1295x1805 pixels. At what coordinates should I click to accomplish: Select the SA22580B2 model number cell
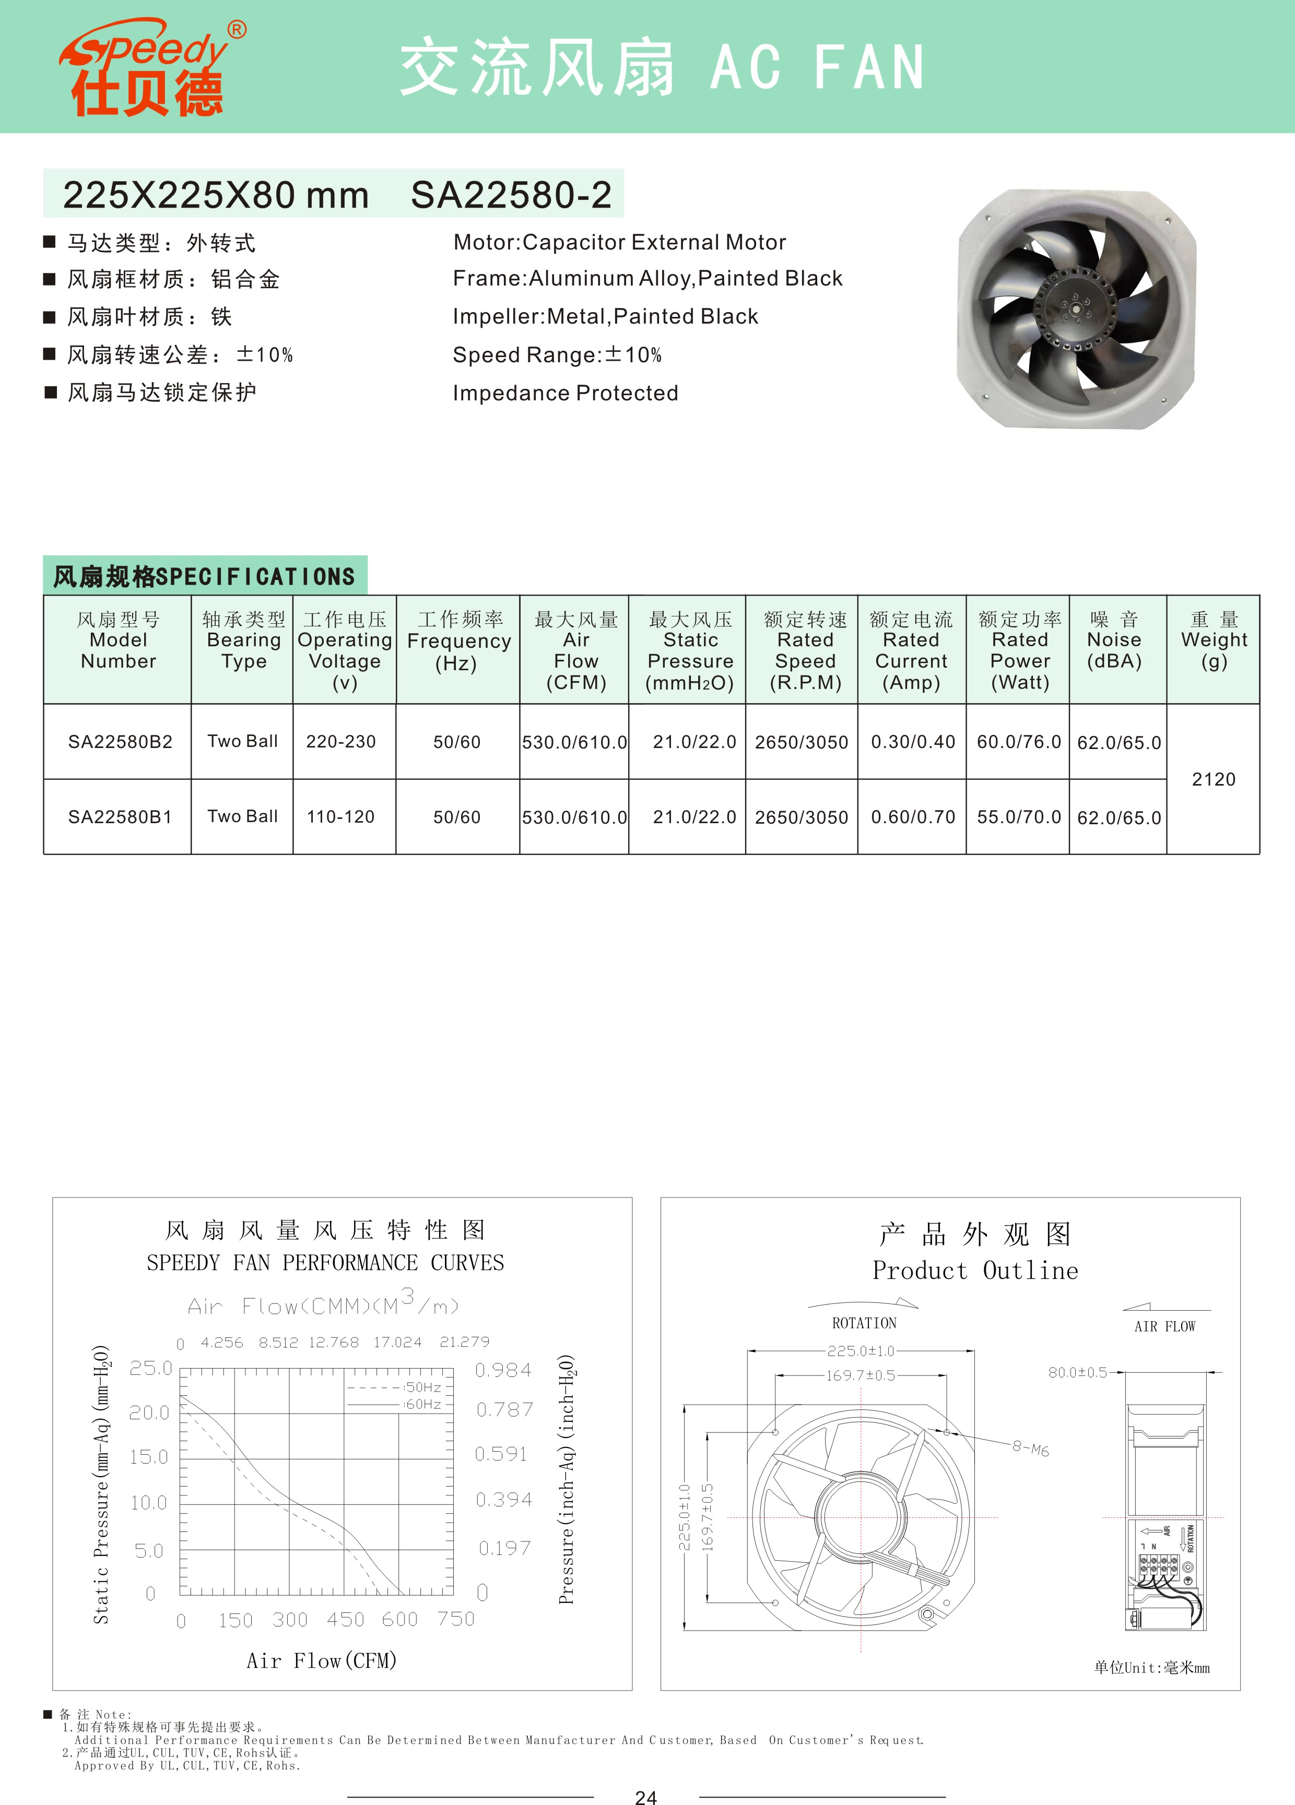(x=120, y=742)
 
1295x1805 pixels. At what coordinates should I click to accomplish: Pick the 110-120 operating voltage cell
(x=340, y=816)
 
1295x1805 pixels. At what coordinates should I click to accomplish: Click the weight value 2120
(x=1213, y=779)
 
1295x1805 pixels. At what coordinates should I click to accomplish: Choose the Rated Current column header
(x=911, y=650)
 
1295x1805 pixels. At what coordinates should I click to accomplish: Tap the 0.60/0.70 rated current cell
(x=913, y=816)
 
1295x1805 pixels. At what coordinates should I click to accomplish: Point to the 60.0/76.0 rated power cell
(x=1019, y=742)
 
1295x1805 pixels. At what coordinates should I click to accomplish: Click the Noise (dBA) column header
(x=1114, y=640)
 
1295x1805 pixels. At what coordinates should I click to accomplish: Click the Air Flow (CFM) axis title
(x=322, y=1661)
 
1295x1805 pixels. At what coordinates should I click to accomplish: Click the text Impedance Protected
(x=565, y=393)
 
